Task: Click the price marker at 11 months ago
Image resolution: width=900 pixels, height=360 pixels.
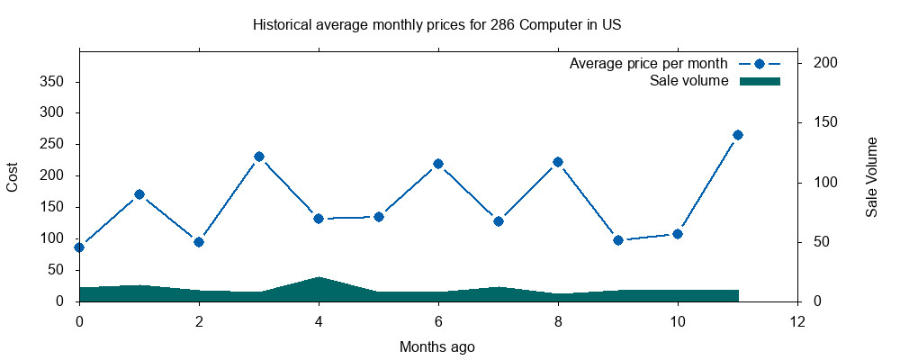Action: tap(738, 135)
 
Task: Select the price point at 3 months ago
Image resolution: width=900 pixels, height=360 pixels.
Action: tap(259, 157)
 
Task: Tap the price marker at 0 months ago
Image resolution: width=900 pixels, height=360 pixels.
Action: tap(79, 247)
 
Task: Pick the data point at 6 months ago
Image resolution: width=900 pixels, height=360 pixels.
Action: tap(438, 164)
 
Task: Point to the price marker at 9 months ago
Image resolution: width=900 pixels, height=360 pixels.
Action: tap(618, 240)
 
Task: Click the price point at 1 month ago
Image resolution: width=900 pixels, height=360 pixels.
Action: tap(139, 194)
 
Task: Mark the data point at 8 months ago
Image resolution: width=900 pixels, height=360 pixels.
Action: tap(558, 162)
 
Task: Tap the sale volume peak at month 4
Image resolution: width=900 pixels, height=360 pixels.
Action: tap(319, 278)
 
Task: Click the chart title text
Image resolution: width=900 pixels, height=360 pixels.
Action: tap(437, 24)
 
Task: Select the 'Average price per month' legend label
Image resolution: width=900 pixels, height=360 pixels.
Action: tap(648, 64)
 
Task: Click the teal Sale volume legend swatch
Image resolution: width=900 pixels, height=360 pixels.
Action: tap(760, 81)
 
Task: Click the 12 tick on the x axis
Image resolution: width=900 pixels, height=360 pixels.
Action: tap(797, 321)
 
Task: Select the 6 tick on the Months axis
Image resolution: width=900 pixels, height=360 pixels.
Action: tap(438, 321)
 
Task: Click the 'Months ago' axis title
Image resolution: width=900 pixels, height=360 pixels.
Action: tap(437, 346)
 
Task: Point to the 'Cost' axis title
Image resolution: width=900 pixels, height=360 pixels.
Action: tap(13, 176)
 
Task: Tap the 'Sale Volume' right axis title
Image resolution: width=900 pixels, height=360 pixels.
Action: tap(871, 176)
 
